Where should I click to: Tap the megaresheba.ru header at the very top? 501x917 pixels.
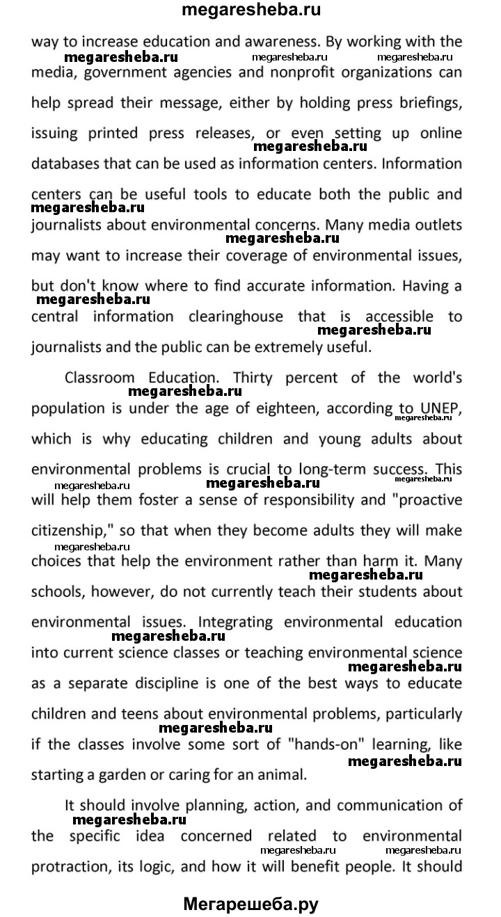(250, 10)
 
